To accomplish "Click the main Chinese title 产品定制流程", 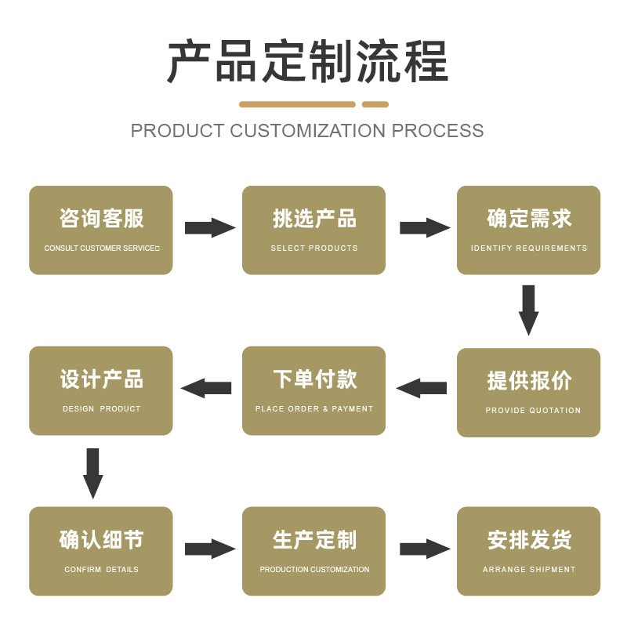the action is pyautogui.click(x=307, y=61).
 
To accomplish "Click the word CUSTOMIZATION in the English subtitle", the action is pyautogui.click(x=307, y=131).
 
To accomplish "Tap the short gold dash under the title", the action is pyautogui.click(x=375, y=104).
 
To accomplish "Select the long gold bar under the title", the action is pyautogui.click(x=297, y=104).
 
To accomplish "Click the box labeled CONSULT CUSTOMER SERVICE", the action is pyautogui.click(x=101, y=230).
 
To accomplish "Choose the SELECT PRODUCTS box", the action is pyautogui.click(x=314, y=230).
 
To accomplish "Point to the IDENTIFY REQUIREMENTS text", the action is pyautogui.click(x=528, y=248).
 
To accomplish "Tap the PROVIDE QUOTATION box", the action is pyautogui.click(x=528, y=393).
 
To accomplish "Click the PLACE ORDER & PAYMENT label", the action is pyautogui.click(x=314, y=408).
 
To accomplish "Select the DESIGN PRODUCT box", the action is pyautogui.click(x=101, y=390).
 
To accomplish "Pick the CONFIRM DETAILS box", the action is pyautogui.click(x=101, y=551).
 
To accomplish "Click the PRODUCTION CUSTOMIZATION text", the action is pyautogui.click(x=314, y=569).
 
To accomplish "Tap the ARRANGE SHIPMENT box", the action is pyautogui.click(x=528, y=551).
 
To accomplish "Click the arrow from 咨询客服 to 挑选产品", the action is pyautogui.click(x=210, y=228).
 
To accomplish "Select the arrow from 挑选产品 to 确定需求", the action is pyautogui.click(x=425, y=228).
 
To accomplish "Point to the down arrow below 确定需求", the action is pyautogui.click(x=528, y=310).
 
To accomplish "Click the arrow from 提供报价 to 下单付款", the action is pyautogui.click(x=422, y=388).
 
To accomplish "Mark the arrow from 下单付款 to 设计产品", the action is pyautogui.click(x=206, y=388).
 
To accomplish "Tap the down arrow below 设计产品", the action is pyautogui.click(x=92, y=473).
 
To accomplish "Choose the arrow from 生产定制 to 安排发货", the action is pyautogui.click(x=425, y=549).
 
